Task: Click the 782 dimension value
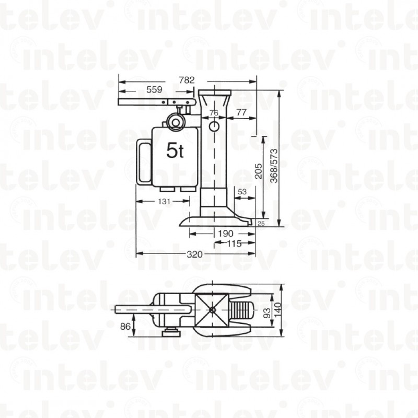pyautogui.click(x=187, y=80)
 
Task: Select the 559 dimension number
pyautogui.click(x=154, y=89)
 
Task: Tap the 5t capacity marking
pyautogui.click(x=175, y=150)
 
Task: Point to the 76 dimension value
pyautogui.click(x=214, y=113)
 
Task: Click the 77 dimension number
pyautogui.click(x=241, y=112)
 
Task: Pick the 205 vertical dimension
pyautogui.click(x=258, y=171)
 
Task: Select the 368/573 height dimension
pyautogui.click(x=274, y=166)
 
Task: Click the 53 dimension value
pyautogui.click(x=242, y=192)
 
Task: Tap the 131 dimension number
pyautogui.click(x=164, y=201)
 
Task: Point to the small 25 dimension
pyautogui.click(x=261, y=224)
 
